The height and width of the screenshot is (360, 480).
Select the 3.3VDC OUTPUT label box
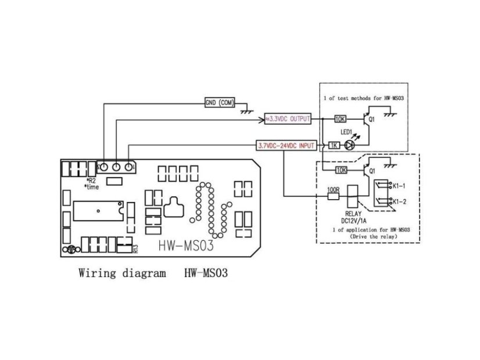coord(288,118)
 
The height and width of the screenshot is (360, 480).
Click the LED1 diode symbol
coord(350,145)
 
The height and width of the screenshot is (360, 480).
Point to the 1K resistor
coord(334,145)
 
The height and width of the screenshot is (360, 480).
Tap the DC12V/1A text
coord(354,220)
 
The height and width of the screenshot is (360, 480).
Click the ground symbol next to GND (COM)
coord(249,108)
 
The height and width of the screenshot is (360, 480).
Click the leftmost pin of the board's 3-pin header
coord(104,167)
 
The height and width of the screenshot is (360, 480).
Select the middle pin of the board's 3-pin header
coord(116,167)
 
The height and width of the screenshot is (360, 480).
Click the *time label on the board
coord(91,188)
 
